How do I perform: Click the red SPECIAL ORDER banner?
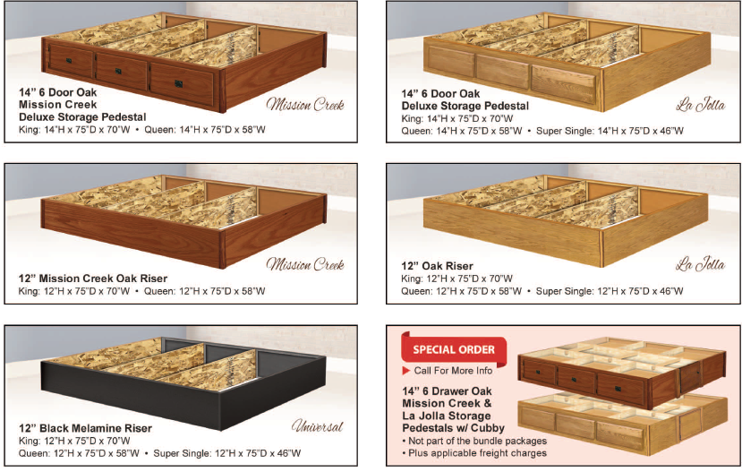click(x=454, y=349)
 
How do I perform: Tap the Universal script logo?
click(x=318, y=426)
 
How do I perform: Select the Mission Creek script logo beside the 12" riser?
click(x=305, y=264)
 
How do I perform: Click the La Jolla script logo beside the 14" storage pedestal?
click(x=700, y=104)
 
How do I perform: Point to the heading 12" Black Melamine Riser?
click(x=85, y=428)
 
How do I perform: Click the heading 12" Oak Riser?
click(x=437, y=266)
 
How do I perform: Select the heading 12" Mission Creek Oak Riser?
click(x=93, y=279)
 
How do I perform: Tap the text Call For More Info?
click(x=453, y=371)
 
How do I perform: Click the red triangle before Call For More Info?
click(x=405, y=370)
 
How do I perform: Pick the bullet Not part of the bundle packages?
click(x=474, y=441)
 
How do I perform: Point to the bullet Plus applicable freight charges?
click(x=474, y=453)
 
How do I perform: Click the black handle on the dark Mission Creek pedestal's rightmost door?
click(x=179, y=84)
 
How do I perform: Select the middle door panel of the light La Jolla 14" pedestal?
click(x=502, y=72)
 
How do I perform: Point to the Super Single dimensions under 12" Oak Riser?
click(x=610, y=291)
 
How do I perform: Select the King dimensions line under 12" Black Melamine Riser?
click(x=74, y=441)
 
